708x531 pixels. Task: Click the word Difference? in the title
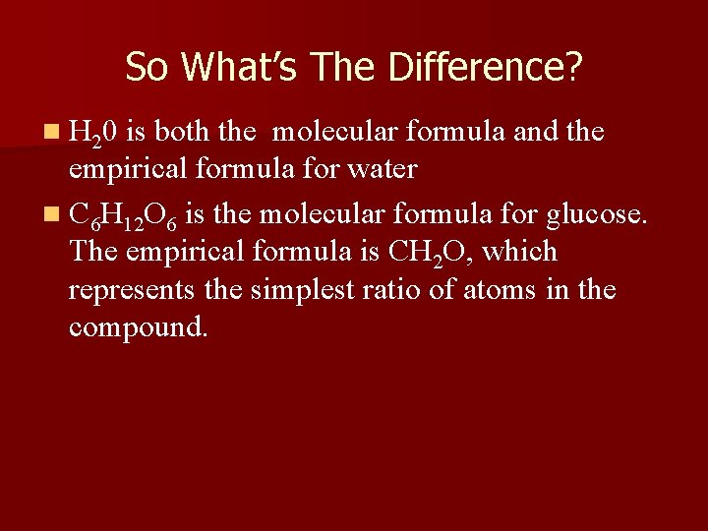[486, 67]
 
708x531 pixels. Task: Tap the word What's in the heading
[240, 67]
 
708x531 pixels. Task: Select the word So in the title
[147, 67]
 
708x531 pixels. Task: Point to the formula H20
[94, 133]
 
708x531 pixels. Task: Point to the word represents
[131, 291]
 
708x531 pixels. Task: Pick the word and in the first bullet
[534, 131]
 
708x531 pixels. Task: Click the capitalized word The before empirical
[94, 252]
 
